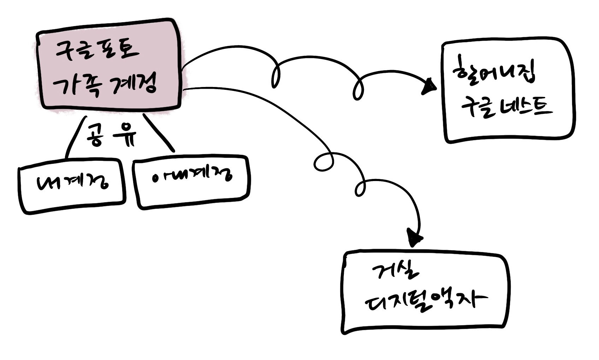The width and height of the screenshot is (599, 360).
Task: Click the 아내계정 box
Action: click(x=192, y=181)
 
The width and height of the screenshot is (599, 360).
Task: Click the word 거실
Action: click(x=395, y=271)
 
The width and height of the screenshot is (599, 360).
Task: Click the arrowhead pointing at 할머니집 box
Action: click(x=429, y=87)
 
